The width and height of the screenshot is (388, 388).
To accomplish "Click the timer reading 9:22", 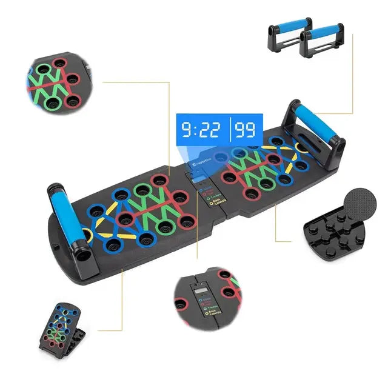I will pos(199,130).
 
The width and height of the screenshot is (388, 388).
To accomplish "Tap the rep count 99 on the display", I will pos(245,130).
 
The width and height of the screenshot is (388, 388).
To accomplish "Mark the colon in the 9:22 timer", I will pos(192,130).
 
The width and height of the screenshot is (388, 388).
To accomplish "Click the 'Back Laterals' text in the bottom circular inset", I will pos(215,316).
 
